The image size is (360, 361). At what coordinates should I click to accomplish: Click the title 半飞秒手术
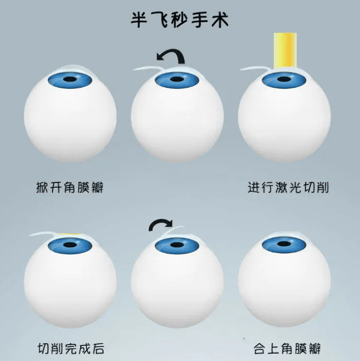click(179, 20)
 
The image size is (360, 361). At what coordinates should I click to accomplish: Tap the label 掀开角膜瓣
click(70, 187)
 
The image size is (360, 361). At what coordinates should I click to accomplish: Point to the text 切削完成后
click(70, 347)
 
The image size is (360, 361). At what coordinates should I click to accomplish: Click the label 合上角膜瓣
click(287, 347)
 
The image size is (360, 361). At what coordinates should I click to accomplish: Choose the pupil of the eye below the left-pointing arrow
click(177, 80)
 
